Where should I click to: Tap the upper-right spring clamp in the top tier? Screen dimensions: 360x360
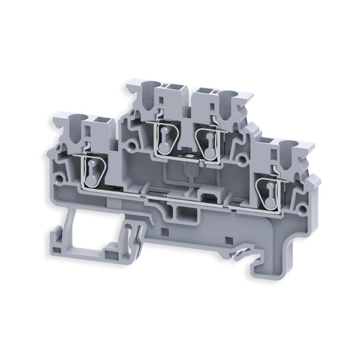point(207,146)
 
